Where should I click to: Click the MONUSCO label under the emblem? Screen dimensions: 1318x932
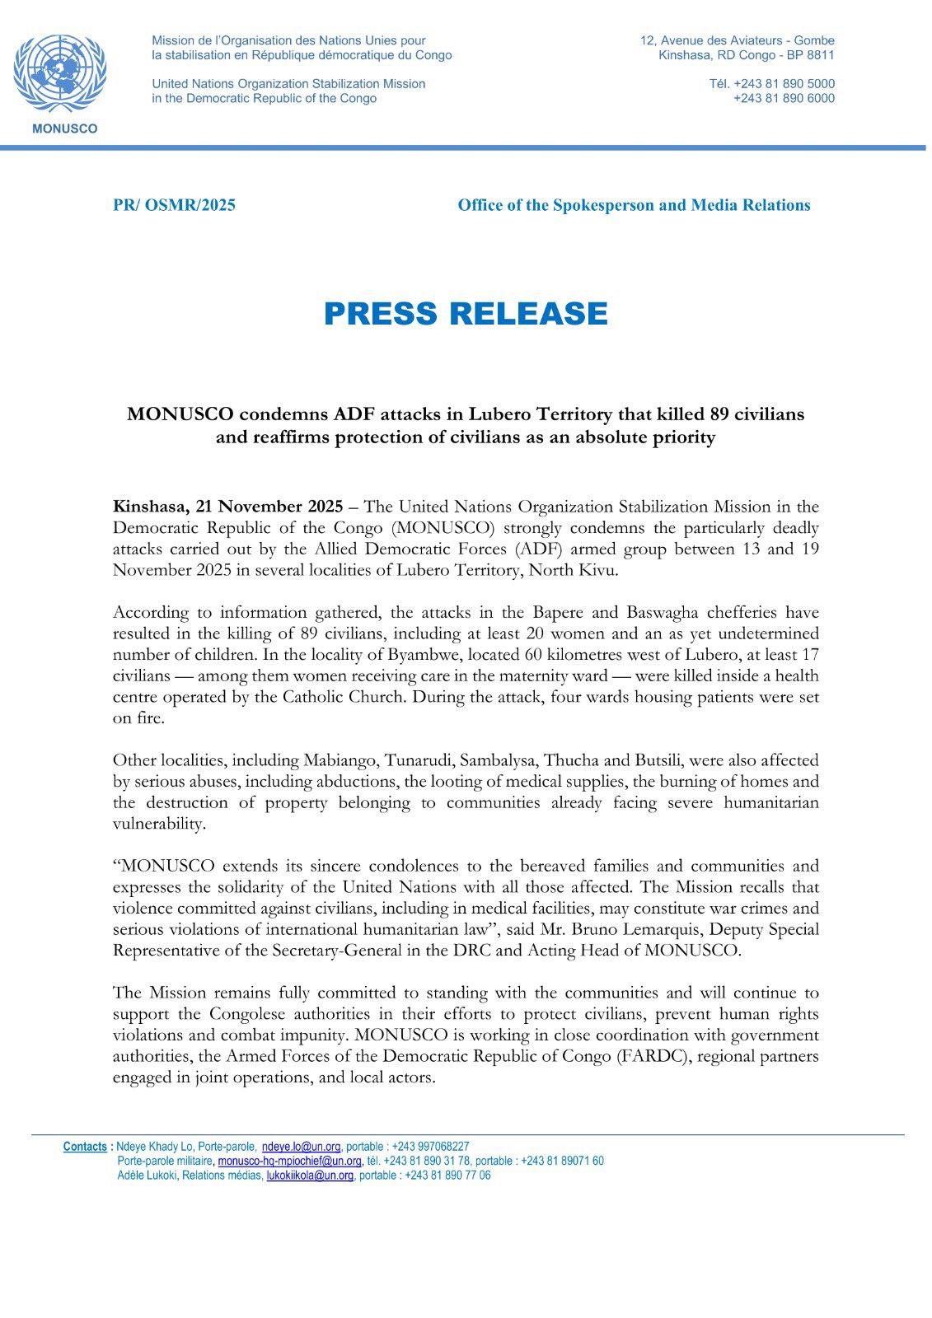pos(63,129)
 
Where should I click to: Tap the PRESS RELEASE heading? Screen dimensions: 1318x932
pos(466,314)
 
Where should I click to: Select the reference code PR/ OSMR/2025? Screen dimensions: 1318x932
pos(174,205)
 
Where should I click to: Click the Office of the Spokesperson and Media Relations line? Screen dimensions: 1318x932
pos(634,205)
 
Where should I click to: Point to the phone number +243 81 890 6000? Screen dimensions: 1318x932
pos(784,98)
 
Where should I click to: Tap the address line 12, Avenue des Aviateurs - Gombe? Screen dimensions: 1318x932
pos(737,40)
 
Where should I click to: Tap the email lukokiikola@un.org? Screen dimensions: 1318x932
pos(310,1175)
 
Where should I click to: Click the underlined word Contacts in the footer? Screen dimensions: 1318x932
pos(85,1147)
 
